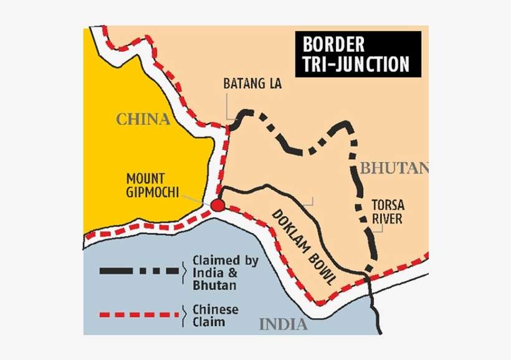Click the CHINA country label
143,119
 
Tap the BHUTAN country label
394,167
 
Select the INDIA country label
283,324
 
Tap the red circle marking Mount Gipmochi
217,206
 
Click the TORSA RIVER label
386,211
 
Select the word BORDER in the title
333,45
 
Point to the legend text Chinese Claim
215,316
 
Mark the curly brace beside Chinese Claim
184,315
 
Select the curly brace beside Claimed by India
184,272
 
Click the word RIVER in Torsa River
386,219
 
